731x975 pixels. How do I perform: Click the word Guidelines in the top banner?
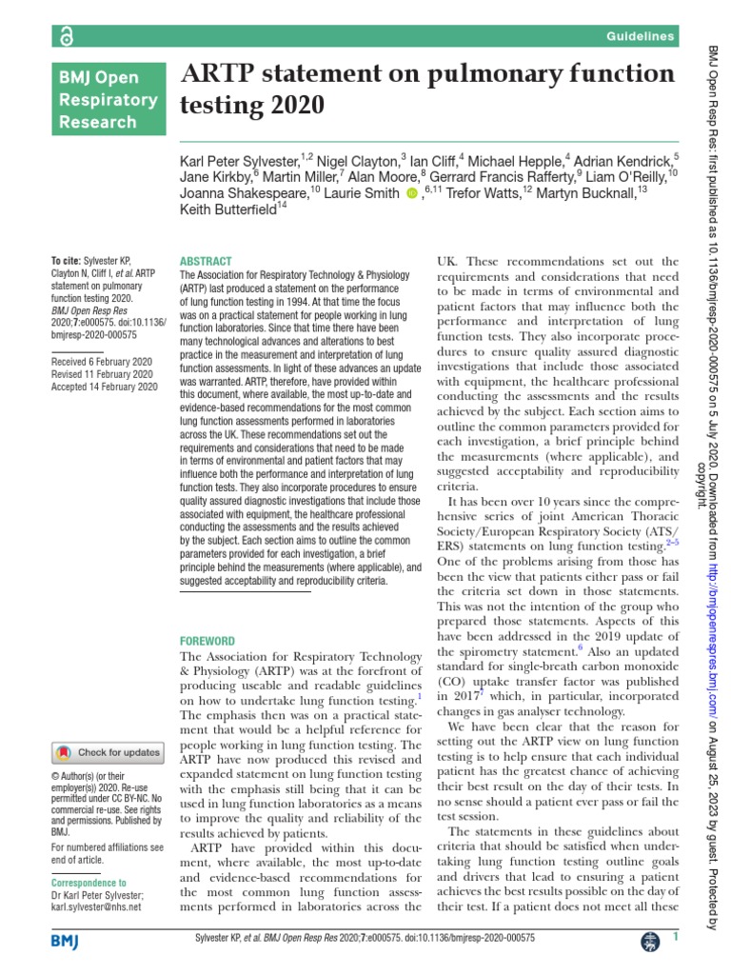(641, 36)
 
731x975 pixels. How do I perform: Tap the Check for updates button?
(108, 752)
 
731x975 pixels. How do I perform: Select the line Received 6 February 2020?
(100, 362)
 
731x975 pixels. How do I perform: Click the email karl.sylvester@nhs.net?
(95, 906)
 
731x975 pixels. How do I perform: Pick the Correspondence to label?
(88, 883)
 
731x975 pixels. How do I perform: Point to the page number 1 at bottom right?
(674, 939)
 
